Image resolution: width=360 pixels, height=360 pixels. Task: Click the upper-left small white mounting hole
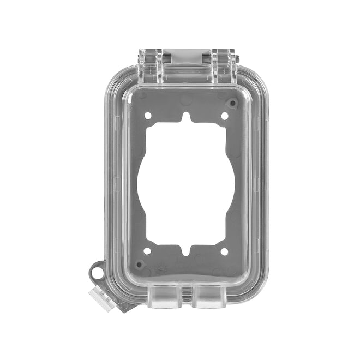pyautogui.click(x=148, y=115)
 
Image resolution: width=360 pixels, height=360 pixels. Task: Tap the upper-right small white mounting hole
pyautogui.click(x=224, y=116)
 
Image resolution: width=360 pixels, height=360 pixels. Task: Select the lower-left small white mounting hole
pyautogui.click(x=147, y=251)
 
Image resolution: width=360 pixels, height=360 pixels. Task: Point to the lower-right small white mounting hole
pyautogui.click(x=224, y=251)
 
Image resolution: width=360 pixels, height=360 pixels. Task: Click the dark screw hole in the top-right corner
pyautogui.click(x=233, y=103)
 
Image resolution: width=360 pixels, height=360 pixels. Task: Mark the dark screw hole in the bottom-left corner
pyautogui.click(x=139, y=264)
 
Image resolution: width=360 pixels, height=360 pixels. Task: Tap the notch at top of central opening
pyautogui.click(x=186, y=117)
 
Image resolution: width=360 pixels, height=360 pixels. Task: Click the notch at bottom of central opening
pyautogui.click(x=186, y=251)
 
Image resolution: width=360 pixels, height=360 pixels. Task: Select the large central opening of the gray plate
pyautogui.click(x=185, y=184)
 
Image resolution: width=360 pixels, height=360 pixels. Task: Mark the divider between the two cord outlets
pyautogui.click(x=187, y=295)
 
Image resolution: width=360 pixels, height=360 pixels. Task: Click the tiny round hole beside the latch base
pyautogui.click(x=124, y=305)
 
